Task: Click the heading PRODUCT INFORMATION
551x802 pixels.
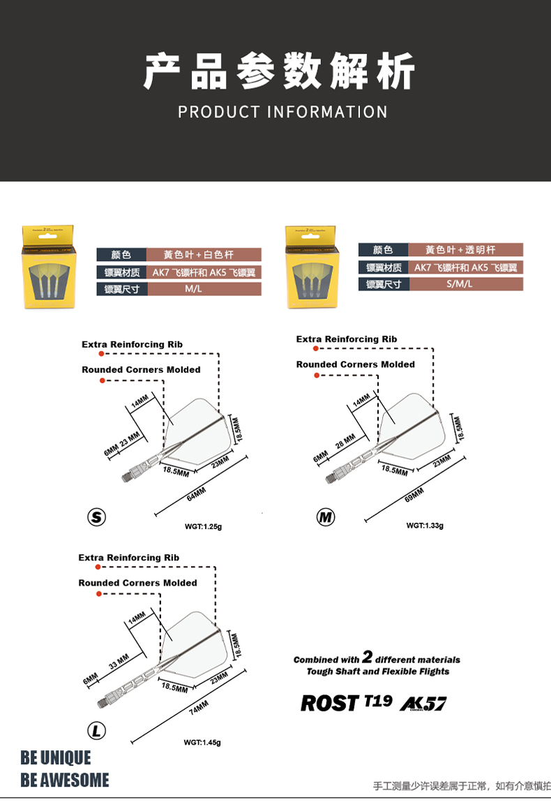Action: (282, 112)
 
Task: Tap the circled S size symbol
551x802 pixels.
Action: (96, 517)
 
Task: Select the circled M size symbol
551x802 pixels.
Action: (325, 517)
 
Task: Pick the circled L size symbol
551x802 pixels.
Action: (96, 731)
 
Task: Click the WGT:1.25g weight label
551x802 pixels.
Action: (203, 526)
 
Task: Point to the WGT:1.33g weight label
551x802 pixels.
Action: (425, 526)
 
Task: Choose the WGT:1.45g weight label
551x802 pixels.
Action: (202, 742)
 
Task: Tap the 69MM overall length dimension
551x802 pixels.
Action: (414, 494)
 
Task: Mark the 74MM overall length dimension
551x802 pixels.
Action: (198, 708)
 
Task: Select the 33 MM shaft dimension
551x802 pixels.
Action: (119, 660)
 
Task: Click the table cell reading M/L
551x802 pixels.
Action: (193, 289)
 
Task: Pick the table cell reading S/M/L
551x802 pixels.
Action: (460, 284)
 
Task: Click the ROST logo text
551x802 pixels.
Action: (329, 703)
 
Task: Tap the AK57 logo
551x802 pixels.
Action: (423, 704)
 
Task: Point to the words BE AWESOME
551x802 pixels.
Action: (65, 780)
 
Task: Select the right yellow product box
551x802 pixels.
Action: (310, 267)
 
